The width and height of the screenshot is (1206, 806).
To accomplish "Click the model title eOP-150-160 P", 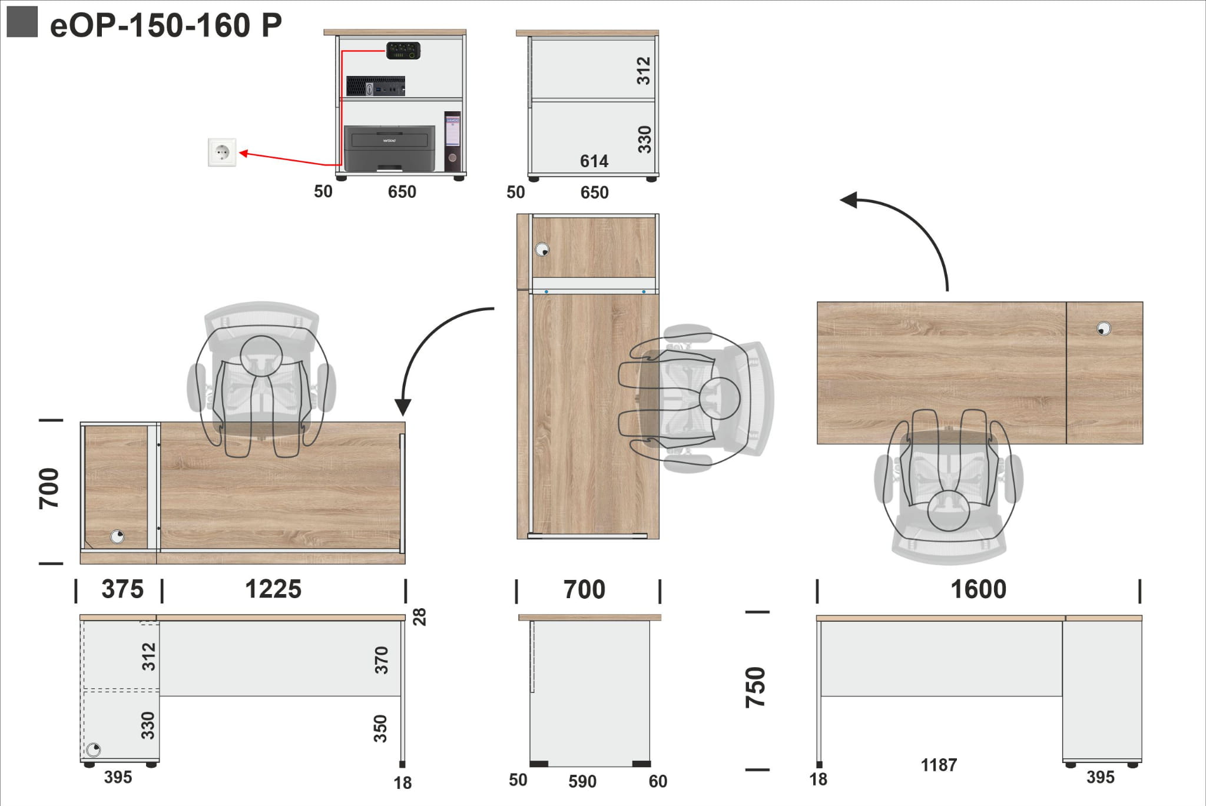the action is pos(166,26).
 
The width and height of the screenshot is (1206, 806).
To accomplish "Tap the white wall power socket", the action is pos(222,152).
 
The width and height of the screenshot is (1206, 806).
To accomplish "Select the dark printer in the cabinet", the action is pos(390,148).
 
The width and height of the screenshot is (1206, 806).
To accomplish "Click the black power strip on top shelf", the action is pos(403,51).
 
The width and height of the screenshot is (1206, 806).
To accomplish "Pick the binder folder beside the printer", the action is pos(452,141).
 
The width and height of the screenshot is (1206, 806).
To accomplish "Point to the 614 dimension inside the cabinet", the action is pos(594,161).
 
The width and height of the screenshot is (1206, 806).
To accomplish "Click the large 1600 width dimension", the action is pos(979,589).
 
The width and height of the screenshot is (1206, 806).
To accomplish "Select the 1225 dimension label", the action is pos(273,589).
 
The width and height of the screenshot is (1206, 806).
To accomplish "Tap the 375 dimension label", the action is pos(122,589).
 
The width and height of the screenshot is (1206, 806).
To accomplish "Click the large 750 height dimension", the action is pos(756,687).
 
